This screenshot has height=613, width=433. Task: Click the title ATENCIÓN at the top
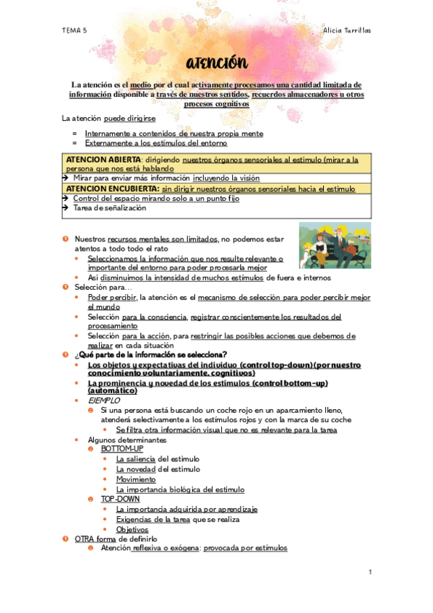[216, 64]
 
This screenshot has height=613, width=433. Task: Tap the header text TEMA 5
[74, 30]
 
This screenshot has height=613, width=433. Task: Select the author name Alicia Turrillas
[346, 30]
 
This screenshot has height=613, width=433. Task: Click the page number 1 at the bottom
[369, 573]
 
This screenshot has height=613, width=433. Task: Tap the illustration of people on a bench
[335, 246]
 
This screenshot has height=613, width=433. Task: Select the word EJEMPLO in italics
[103, 400]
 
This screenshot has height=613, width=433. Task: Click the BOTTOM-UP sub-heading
[121, 449]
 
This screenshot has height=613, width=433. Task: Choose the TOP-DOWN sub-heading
[120, 499]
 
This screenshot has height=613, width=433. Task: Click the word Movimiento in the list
[135, 479]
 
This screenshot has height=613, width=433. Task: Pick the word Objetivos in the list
[132, 529]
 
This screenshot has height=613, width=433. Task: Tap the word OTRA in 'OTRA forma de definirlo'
[85, 539]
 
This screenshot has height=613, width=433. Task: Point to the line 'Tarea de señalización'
[109, 208]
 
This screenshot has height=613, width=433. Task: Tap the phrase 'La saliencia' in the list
[135, 459]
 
